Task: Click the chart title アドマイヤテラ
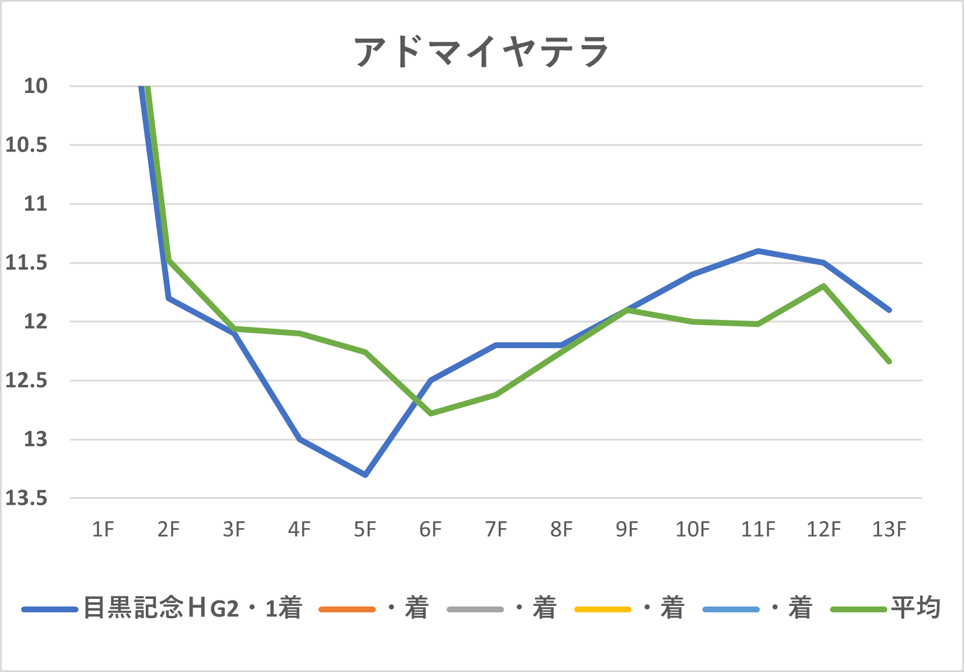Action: pyautogui.click(x=481, y=51)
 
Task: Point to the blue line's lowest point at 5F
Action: pyautogui.click(x=365, y=474)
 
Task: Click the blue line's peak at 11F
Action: pyautogui.click(x=758, y=251)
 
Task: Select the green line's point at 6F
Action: pyautogui.click(x=431, y=413)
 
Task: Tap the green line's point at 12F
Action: pyautogui.click(x=824, y=286)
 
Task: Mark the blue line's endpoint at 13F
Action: pyautogui.click(x=889, y=310)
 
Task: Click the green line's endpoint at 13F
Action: pyautogui.click(x=889, y=361)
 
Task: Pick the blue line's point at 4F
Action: pyautogui.click(x=300, y=439)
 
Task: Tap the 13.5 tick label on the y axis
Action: pyautogui.click(x=26, y=498)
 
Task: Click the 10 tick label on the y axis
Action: pyautogui.click(x=35, y=86)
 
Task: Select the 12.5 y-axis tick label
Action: pyautogui.click(x=26, y=381)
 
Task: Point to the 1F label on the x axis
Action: pyautogui.click(x=103, y=529)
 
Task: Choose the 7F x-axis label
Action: pyautogui.click(x=496, y=529)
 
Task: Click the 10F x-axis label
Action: pyautogui.click(x=692, y=529)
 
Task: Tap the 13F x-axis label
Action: pyautogui.click(x=889, y=529)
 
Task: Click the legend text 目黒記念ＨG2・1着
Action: pyautogui.click(x=193, y=608)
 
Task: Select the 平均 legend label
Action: pyautogui.click(x=915, y=608)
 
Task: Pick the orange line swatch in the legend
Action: pyautogui.click(x=347, y=609)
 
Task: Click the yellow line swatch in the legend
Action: pyautogui.click(x=603, y=609)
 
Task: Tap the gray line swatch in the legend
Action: pyautogui.click(x=475, y=609)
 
